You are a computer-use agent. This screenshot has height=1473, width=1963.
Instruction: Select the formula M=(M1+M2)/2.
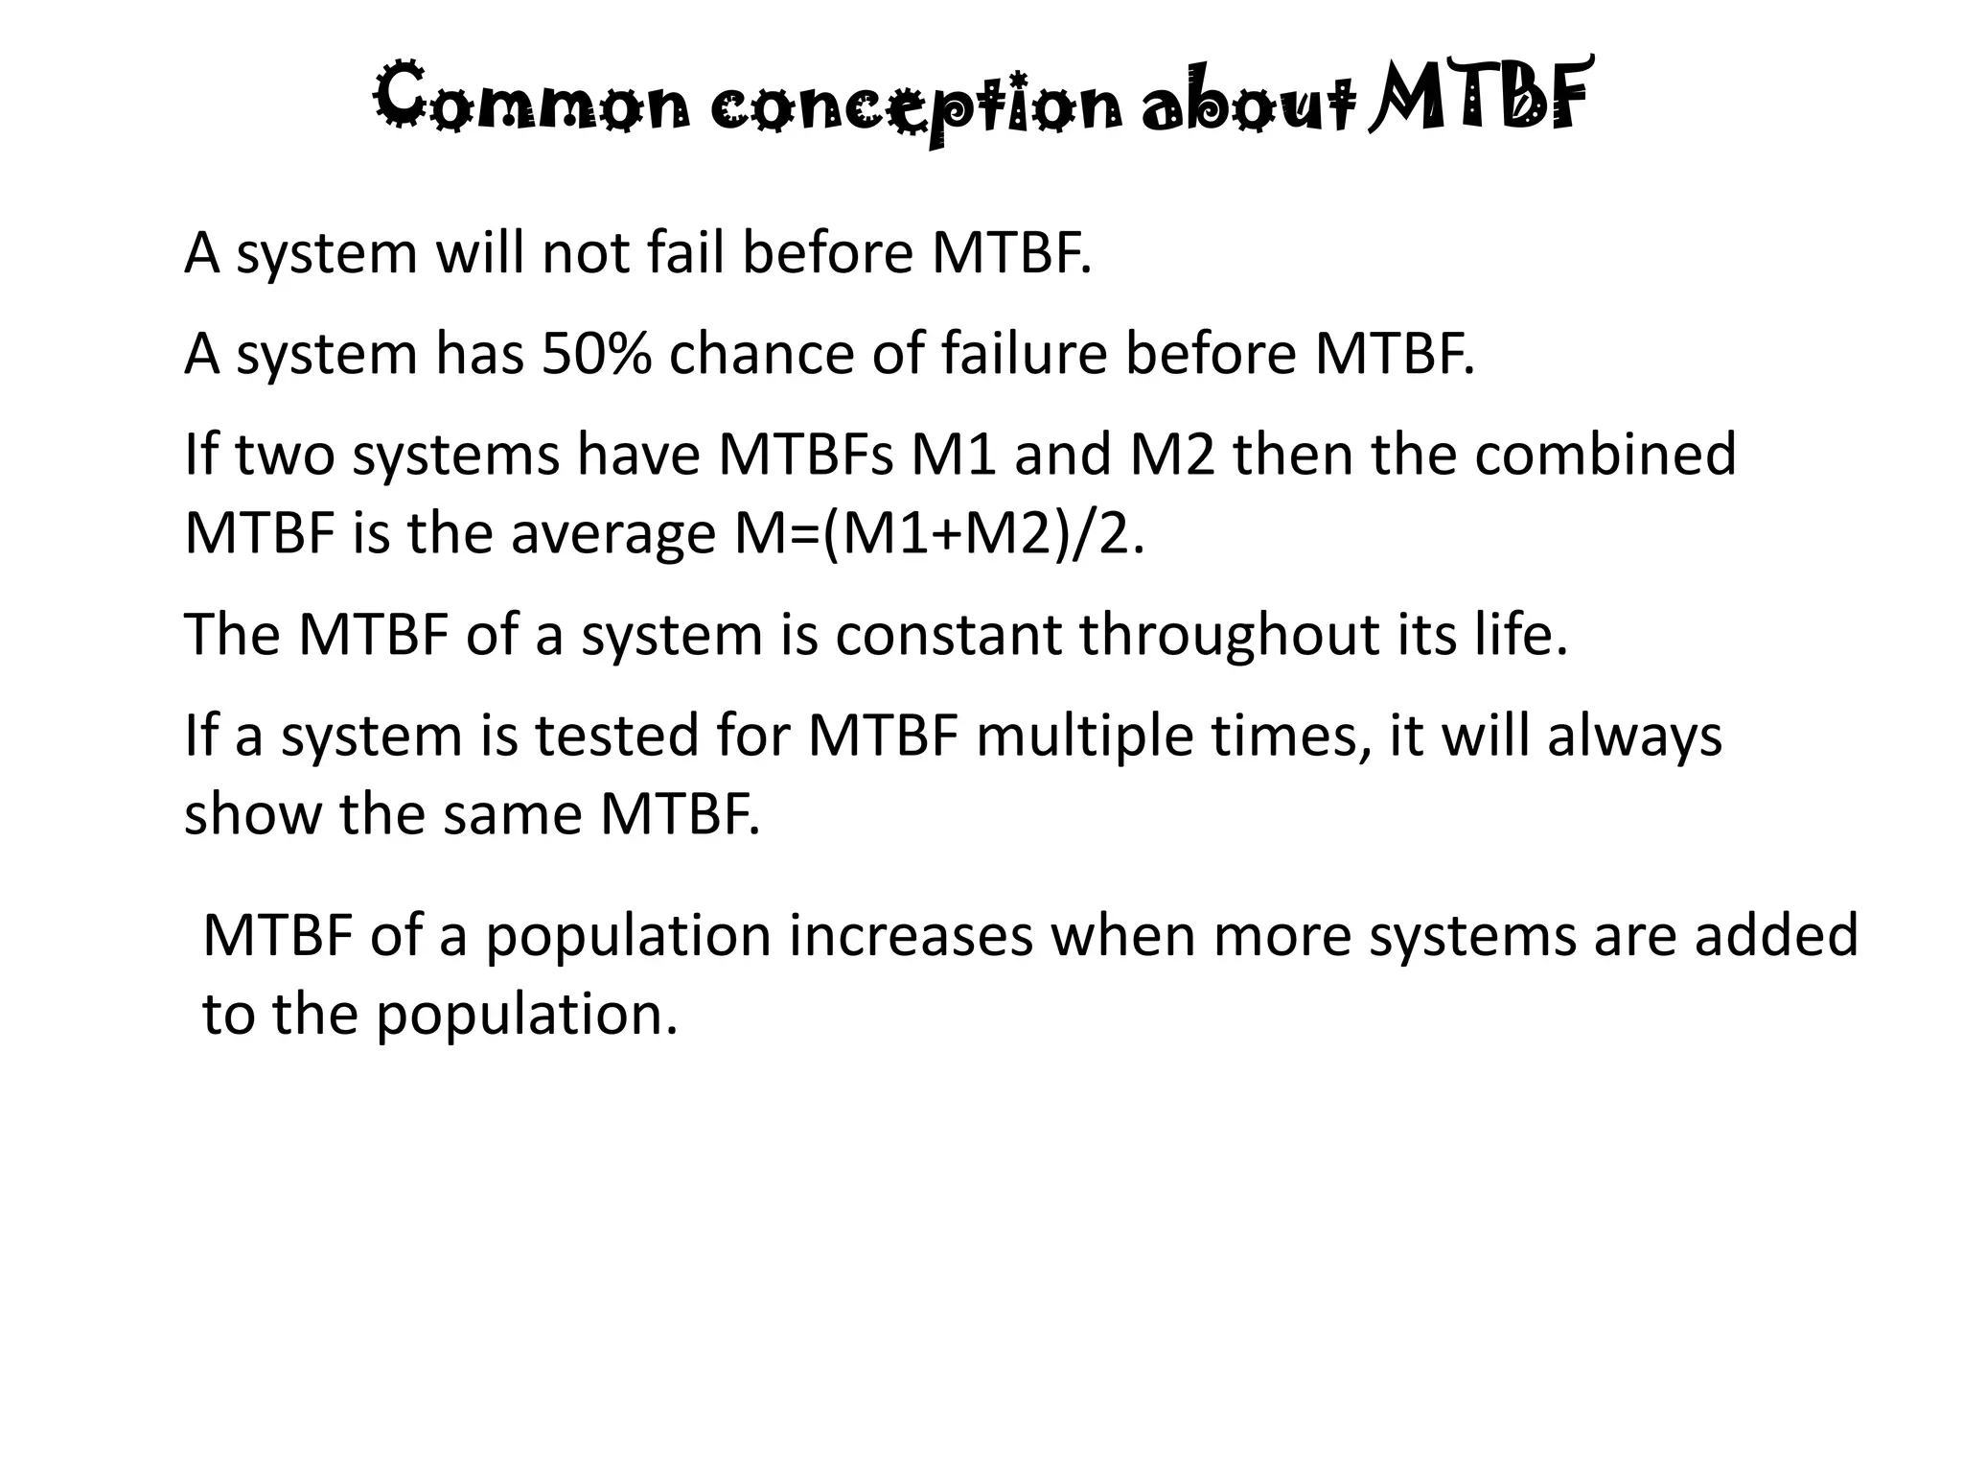940,534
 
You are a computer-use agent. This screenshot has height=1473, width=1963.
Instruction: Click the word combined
1605,455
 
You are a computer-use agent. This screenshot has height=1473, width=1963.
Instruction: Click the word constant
949,635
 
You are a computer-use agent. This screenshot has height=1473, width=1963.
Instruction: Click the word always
1634,738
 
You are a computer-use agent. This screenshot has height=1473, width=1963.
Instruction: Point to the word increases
911,937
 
